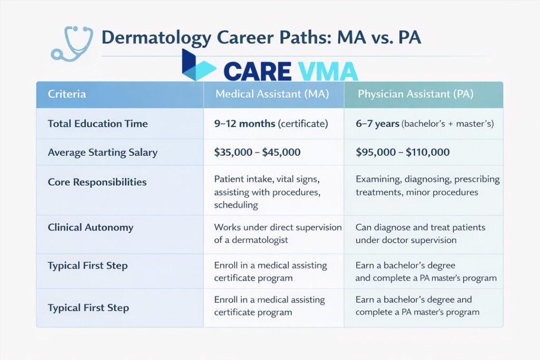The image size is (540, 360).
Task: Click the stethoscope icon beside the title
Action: click(71, 42)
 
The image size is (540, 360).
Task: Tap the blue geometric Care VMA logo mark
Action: click(198, 67)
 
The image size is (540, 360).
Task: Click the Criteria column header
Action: click(66, 94)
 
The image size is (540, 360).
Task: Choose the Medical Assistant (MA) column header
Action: click(273, 94)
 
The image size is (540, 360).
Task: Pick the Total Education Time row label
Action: click(98, 124)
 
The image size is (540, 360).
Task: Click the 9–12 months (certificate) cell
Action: click(271, 124)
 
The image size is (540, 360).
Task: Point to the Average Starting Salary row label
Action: click(102, 152)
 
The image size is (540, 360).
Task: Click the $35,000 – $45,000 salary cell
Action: click(257, 152)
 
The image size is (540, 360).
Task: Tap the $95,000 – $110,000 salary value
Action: click(402, 152)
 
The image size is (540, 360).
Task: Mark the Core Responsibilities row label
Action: click(97, 182)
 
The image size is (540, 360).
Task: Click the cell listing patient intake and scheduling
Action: click(267, 192)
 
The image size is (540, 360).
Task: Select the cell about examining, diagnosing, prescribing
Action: click(427, 186)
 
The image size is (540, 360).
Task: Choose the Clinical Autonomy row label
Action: click(90, 228)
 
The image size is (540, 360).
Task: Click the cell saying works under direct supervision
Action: click(278, 233)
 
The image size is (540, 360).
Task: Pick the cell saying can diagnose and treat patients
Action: click(420, 233)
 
